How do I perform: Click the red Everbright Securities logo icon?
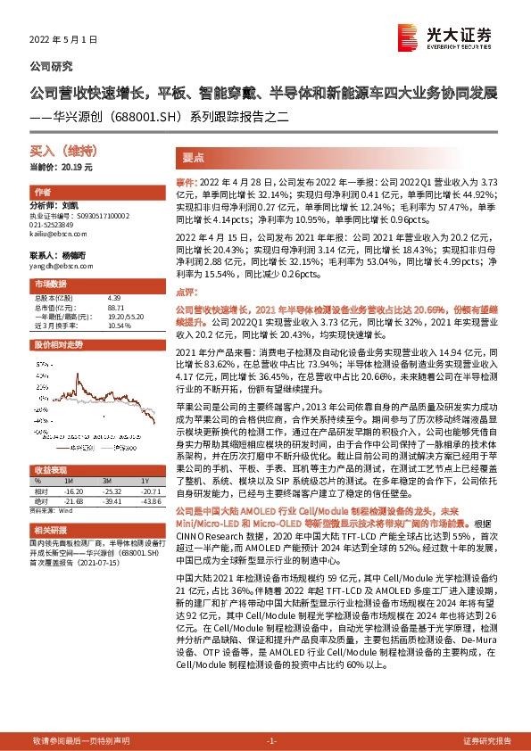[410, 35]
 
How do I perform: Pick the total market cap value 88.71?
[112, 305]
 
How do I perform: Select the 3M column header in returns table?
[112, 481]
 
